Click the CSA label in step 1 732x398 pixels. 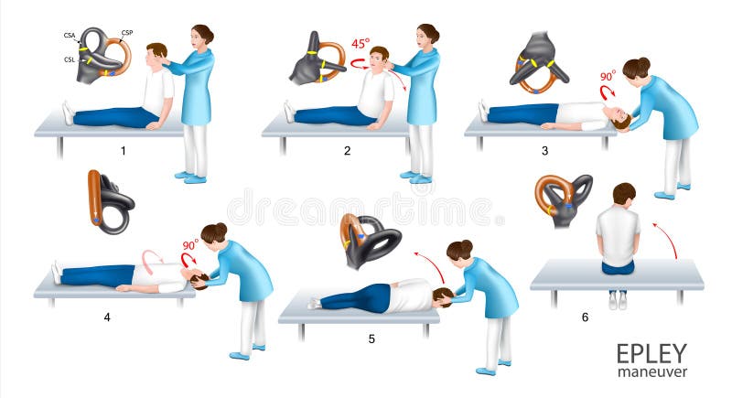tap(70, 36)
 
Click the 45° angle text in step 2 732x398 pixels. tap(361, 44)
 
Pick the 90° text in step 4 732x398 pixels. tap(190, 246)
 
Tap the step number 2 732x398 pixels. tap(347, 150)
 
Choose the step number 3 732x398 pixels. tap(545, 150)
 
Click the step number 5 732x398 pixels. tap(371, 339)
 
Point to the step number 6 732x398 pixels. tap(586, 317)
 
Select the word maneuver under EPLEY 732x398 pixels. tap(651, 372)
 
